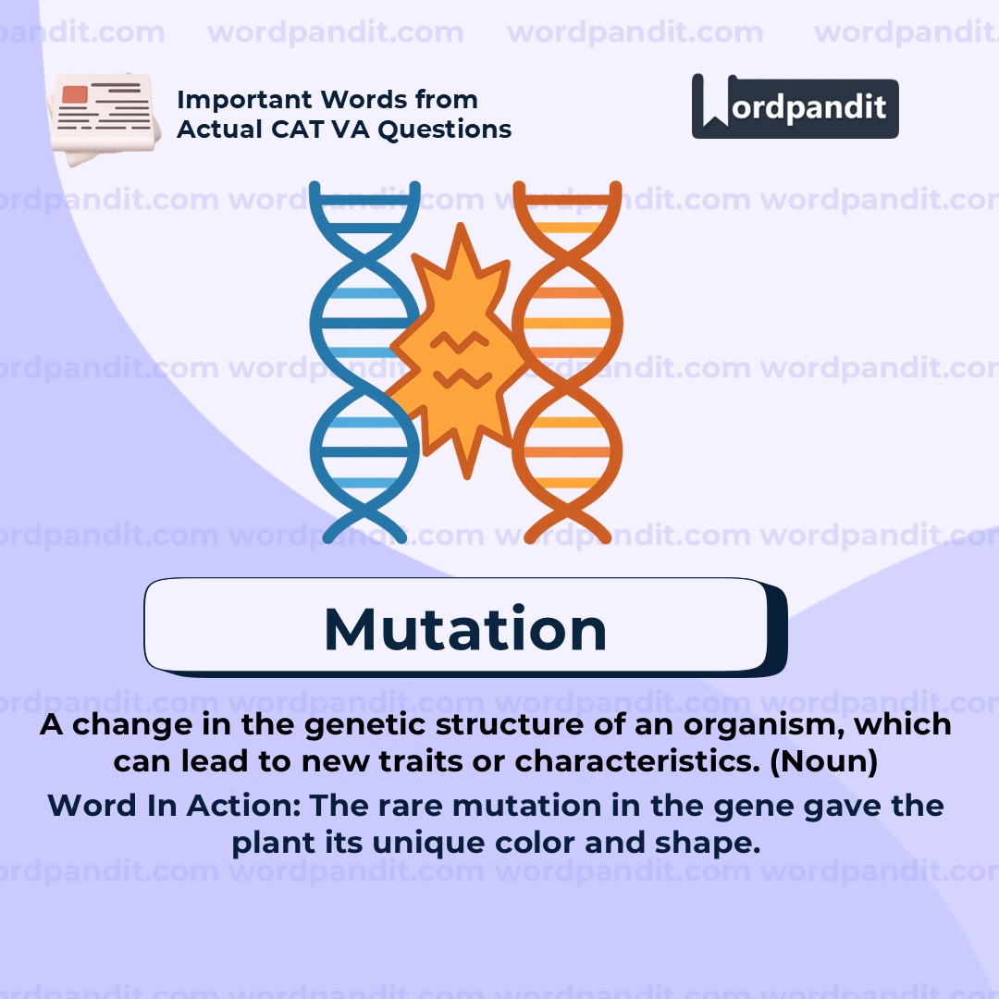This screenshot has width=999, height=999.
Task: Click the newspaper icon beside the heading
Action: click(x=100, y=118)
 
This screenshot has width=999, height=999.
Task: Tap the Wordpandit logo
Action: click(x=795, y=107)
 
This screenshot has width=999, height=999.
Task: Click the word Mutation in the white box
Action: click(x=465, y=629)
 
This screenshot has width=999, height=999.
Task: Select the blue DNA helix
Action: click(x=364, y=361)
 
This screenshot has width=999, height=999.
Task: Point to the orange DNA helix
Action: click(x=566, y=361)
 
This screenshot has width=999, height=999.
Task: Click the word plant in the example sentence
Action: click(x=264, y=844)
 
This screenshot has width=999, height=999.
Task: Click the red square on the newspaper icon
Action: click(x=74, y=93)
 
